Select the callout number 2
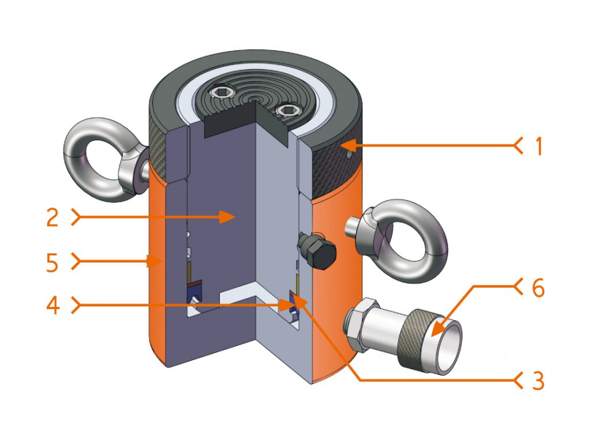(x=53, y=217)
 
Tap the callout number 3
(x=537, y=379)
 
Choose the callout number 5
(x=53, y=262)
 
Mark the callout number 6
(x=537, y=288)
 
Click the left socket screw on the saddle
(x=221, y=92)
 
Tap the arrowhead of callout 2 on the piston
(x=234, y=217)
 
